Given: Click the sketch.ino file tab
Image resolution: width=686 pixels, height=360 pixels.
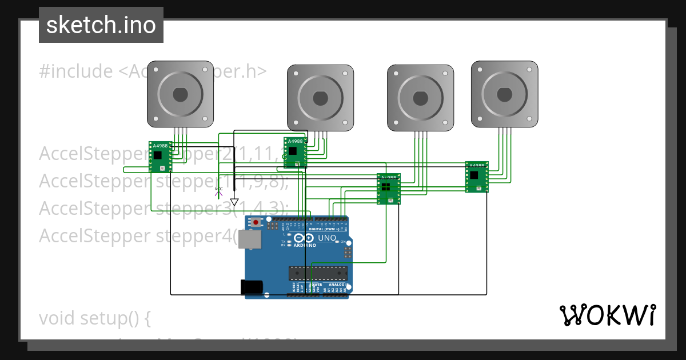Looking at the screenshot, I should coord(101,25).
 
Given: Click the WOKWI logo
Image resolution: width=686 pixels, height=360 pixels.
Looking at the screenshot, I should coord(607,315).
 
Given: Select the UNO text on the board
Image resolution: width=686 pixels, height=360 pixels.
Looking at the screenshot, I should coord(327,238).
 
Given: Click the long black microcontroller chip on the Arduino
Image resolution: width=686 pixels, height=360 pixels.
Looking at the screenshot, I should coord(317,274).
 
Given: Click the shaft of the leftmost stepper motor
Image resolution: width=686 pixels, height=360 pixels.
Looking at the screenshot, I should coord(180,94).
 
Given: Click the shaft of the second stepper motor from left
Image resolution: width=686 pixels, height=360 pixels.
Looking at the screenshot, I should coord(320,98).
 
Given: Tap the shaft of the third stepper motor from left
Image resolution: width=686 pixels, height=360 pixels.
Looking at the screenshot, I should coord(421,98).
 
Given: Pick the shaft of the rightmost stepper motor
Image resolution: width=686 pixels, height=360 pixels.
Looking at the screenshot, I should coord(504,94).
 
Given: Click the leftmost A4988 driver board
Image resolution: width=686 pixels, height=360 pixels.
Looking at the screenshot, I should coord(159,157).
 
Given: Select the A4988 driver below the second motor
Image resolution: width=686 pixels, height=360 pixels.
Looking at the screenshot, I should coord(294,153).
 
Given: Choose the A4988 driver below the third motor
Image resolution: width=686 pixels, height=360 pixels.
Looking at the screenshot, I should coord(388,189).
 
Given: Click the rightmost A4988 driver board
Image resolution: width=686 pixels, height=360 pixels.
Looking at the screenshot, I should coord(477,177).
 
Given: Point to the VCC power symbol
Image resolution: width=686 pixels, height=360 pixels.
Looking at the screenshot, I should coord(218,190).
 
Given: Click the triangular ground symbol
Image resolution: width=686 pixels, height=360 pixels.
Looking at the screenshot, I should coord(234,202).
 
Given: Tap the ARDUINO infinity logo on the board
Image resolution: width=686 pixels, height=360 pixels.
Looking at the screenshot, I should coord(304,238).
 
